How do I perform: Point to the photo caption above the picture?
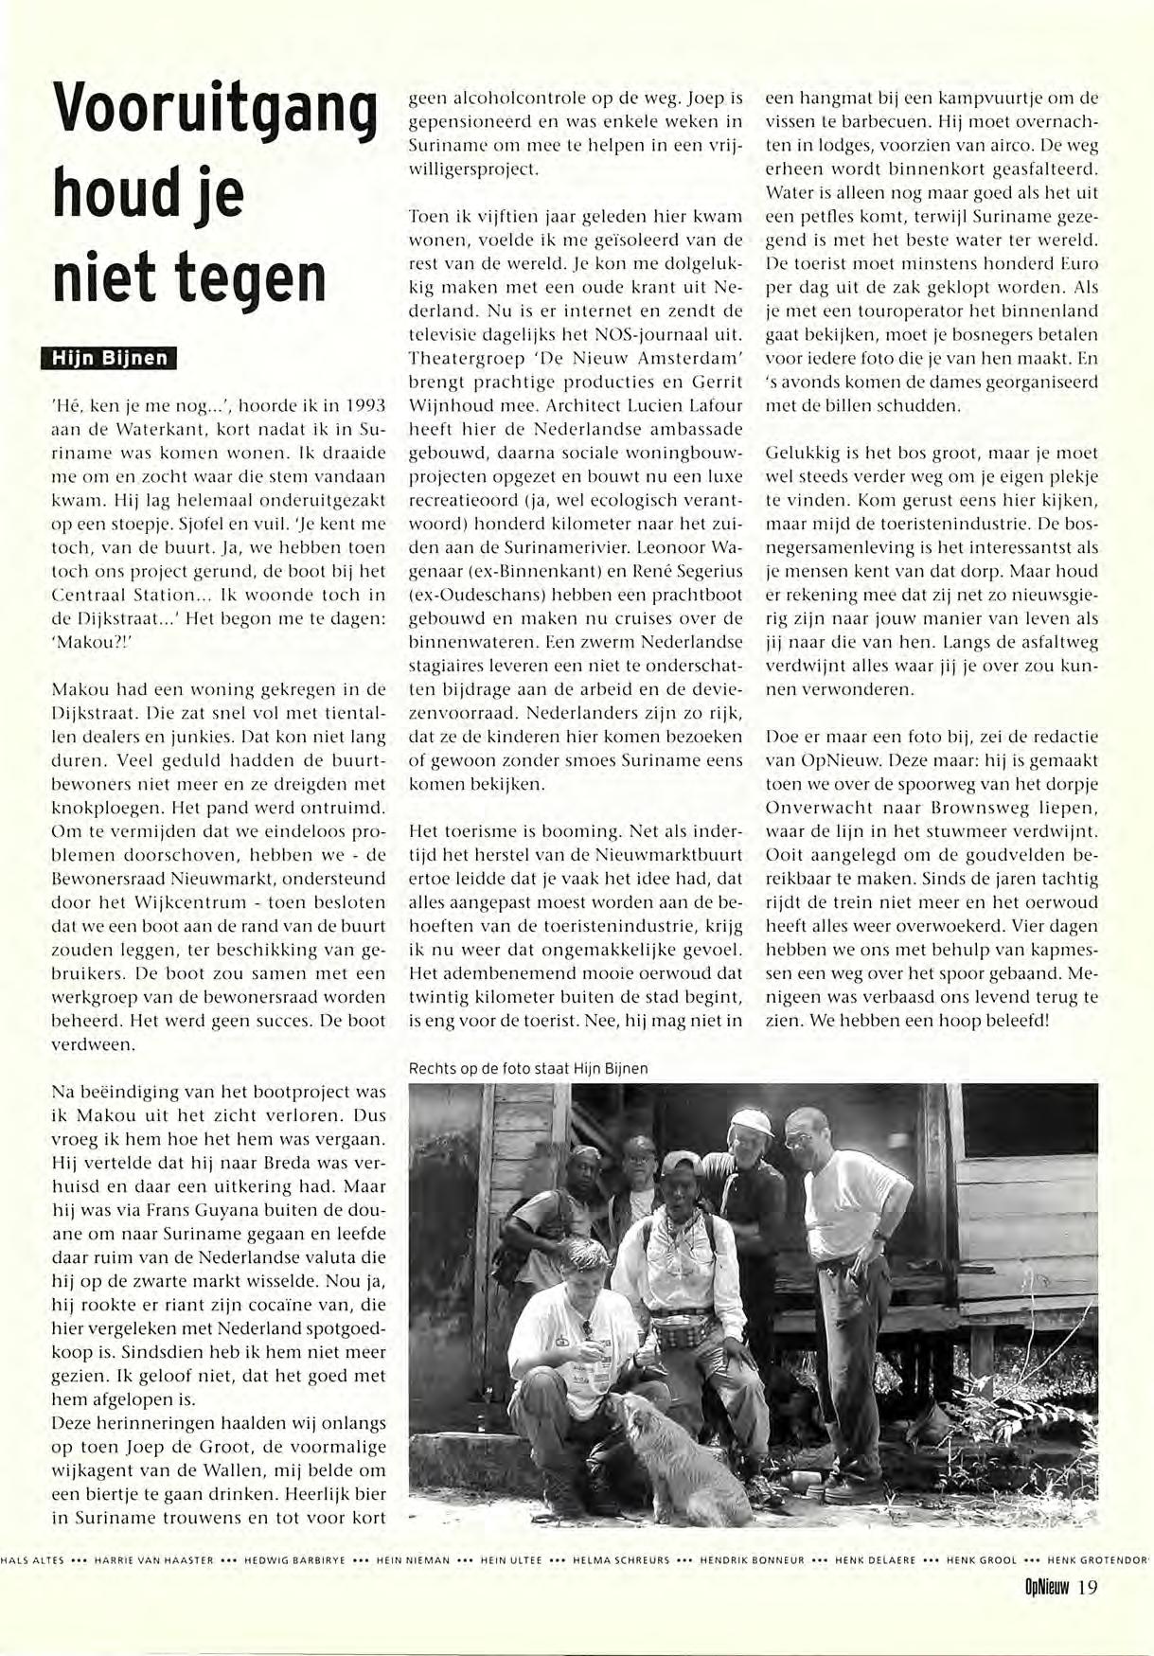point(527,1068)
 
